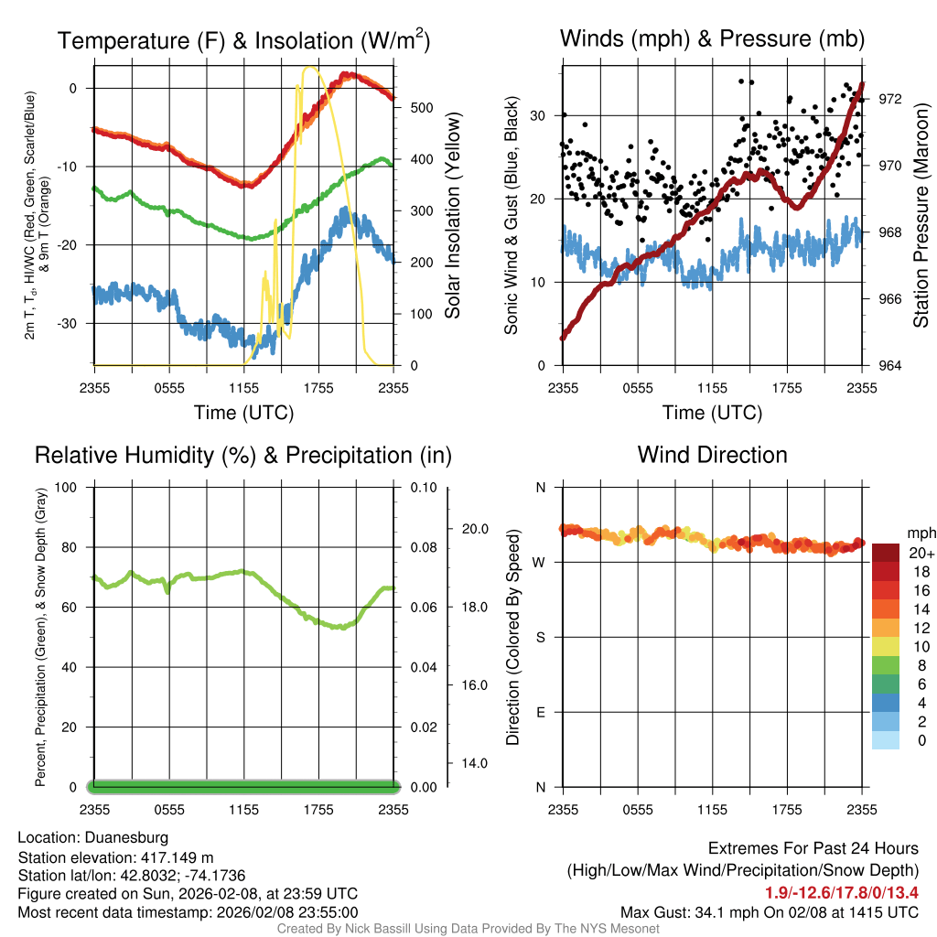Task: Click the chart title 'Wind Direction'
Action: point(712,455)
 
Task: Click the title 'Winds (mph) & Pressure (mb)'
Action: point(712,38)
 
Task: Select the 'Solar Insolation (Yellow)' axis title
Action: point(452,216)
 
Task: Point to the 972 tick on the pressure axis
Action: point(889,99)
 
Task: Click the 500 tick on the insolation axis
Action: point(421,107)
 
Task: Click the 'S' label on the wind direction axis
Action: point(540,637)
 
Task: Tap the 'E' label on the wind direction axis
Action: point(540,712)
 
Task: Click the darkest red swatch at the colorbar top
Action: point(886,553)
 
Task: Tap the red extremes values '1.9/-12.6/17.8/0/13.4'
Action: point(841,892)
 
